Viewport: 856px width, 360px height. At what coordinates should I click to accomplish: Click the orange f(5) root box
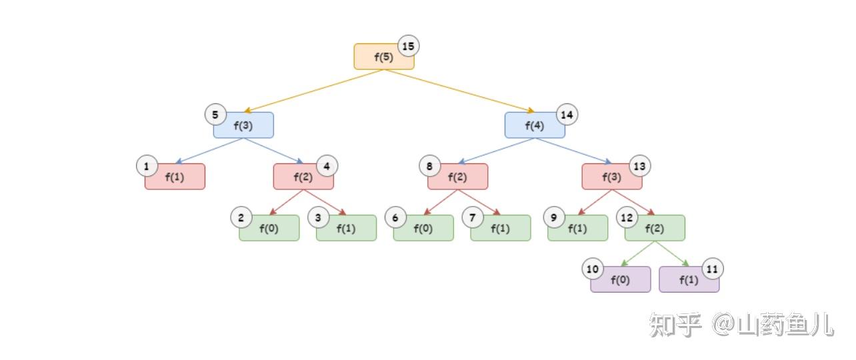pos(383,57)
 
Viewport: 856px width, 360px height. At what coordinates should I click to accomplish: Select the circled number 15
pos(409,46)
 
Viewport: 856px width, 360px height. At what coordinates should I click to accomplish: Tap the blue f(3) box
pos(243,125)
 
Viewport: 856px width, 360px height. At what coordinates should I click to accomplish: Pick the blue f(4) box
pos(534,125)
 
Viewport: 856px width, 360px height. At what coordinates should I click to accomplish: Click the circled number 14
pos(567,115)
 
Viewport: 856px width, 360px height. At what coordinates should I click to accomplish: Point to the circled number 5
pos(215,115)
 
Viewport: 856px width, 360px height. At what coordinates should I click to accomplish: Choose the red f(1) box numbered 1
pos(175,177)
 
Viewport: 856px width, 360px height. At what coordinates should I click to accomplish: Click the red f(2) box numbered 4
pos(303,177)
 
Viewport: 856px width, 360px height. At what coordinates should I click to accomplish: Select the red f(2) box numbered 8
pos(457,177)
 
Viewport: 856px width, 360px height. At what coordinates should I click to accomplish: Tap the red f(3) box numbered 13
pos(611,177)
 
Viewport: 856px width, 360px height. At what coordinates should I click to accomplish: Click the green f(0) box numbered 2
pos(269,228)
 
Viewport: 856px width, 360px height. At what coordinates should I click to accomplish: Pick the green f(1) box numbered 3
pos(346,228)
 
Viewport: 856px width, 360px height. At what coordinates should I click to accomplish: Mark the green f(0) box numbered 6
pos(423,228)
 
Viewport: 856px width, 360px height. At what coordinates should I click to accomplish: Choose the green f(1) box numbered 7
pos(501,228)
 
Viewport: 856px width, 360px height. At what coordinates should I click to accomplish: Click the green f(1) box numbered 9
pos(577,228)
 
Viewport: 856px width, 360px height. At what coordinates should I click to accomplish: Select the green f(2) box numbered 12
pos(655,228)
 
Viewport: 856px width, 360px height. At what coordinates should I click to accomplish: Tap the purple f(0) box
pos(620,280)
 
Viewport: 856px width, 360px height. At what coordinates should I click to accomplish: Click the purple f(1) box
pos(689,280)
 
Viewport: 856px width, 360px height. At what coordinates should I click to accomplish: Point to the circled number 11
pos(713,269)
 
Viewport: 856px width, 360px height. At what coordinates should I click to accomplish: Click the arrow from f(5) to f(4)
pos(460,91)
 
